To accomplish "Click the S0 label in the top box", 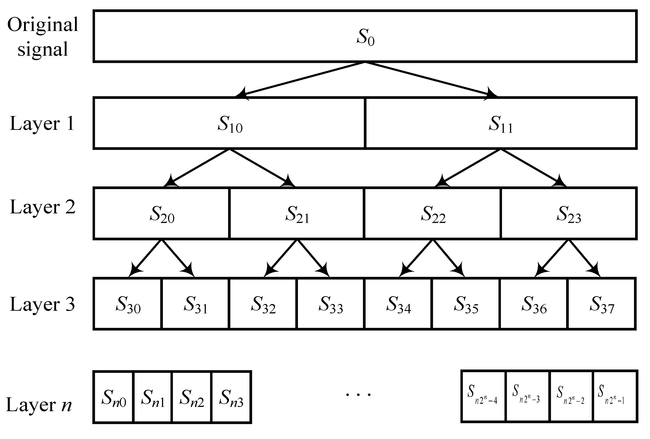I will [x=365, y=37].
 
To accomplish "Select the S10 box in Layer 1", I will [x=229, y=123].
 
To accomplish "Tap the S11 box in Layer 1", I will [x=501, y=123].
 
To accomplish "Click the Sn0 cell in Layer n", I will [x=113, y=398].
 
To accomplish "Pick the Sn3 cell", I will [x=231, y=398].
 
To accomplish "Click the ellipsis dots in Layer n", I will [x=358, y=394].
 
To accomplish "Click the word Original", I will [x=43, y=25].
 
